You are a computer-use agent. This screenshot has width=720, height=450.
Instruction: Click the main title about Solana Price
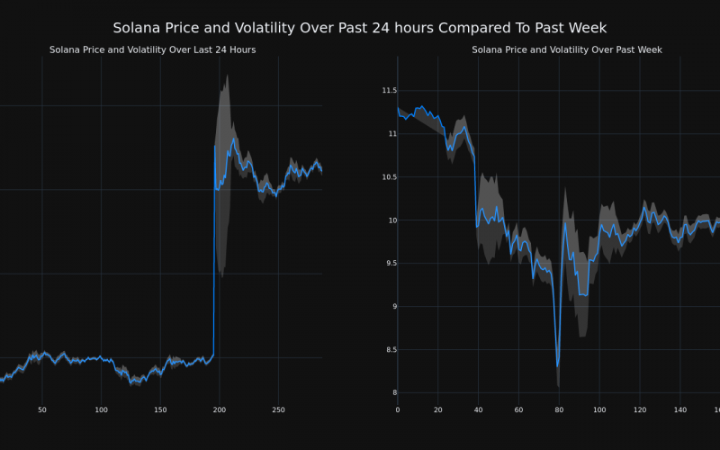pos(360,28)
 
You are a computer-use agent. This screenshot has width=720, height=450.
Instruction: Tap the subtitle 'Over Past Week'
pos(567,49)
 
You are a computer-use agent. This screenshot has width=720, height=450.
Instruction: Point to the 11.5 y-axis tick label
pos(389,90)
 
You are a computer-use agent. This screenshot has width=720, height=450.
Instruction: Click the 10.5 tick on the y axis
pos(389,176)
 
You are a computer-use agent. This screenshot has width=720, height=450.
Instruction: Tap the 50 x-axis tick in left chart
pos(42,410)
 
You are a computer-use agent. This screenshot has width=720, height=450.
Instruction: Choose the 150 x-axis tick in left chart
pos(160,410)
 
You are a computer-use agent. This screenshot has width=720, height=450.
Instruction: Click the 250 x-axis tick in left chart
pos(278,410)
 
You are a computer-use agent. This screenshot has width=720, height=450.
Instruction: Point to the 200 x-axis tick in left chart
pos(220,410)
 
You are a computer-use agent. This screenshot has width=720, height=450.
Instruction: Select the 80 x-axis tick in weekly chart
pos(559,410)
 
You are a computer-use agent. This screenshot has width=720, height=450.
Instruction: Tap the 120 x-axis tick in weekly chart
pos(640,410)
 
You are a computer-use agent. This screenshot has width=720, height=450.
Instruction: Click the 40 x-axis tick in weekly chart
pos(478,410)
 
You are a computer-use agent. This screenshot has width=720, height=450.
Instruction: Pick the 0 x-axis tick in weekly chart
pos(398,410)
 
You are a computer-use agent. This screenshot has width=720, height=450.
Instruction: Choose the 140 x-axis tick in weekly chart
pos(680,410)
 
